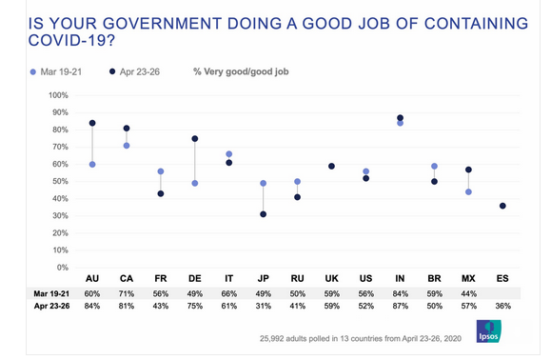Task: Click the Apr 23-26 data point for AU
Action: [92, 123]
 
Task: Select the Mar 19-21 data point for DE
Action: [194, 183]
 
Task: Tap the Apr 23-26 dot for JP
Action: [263, 214]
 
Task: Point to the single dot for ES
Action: [502, 206]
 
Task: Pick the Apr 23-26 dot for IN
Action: [400, 118]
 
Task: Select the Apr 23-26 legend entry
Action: [143, 71]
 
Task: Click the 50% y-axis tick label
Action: [59, 181]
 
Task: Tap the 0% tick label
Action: [62, 267]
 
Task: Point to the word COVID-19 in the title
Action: [56, 39]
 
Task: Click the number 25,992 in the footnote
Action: [275, 338]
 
